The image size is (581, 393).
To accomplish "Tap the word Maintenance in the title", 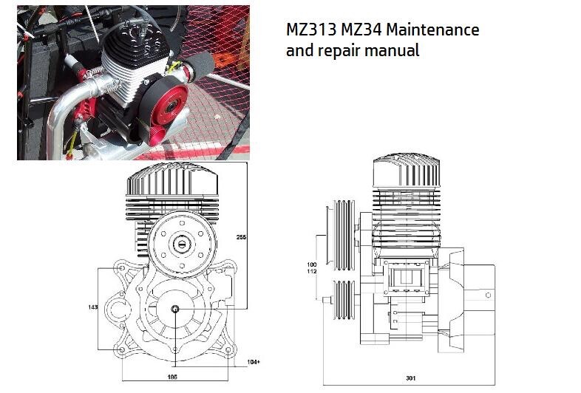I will (x=434, y=31).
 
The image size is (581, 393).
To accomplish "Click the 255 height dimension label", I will (x=240, y=237).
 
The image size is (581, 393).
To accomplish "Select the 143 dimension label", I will (x=93, y=305).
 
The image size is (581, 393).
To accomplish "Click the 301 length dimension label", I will (x=410, y=378).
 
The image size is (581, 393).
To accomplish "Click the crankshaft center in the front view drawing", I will (x=174, y=309).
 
